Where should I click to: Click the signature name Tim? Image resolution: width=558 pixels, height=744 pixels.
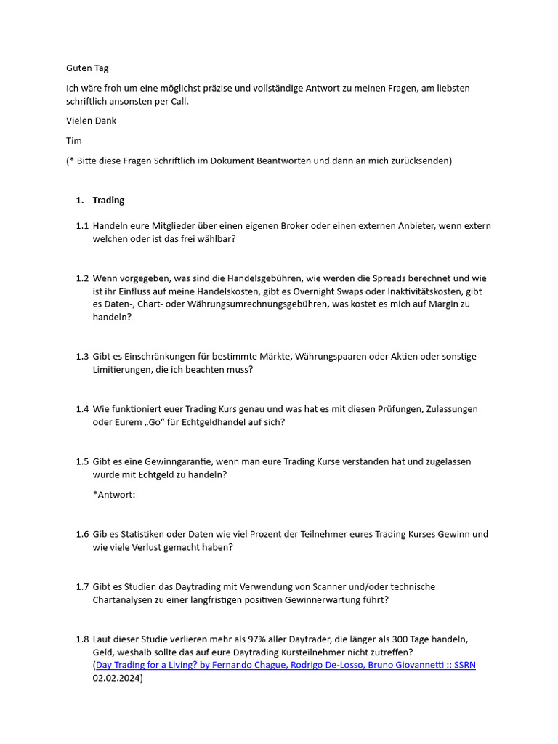pyautogui.click(x=73, y=140)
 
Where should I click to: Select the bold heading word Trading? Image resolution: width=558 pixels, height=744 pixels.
pyautogui.click(x=108, y=200)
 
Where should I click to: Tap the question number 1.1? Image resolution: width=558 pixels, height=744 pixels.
pyautogui.click(x=82, y=226)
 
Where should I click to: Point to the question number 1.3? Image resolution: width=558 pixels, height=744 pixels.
pyautogui.click(x=82, y=357)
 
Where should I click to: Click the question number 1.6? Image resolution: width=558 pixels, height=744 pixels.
pyautogui.click(x=82, y=534)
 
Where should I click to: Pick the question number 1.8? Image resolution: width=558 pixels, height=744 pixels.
pyautogui.click(x=82, y=639)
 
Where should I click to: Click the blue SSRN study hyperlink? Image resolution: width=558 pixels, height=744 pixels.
pyautogui.click(x=286, y=665)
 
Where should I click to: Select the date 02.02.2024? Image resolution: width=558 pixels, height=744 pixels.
pyautogui.click(x=116, y=678)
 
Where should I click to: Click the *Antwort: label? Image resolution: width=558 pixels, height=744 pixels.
pyautogui.click(x=114, y=495)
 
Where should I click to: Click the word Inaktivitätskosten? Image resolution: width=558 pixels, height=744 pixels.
pyautogui.click(x=432, y=291)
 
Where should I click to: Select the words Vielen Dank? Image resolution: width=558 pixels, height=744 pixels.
pyautogui.click(x=91, y=121)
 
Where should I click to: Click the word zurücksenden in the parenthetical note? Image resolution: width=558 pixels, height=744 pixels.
pyautogui.click(x=418, y=161)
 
